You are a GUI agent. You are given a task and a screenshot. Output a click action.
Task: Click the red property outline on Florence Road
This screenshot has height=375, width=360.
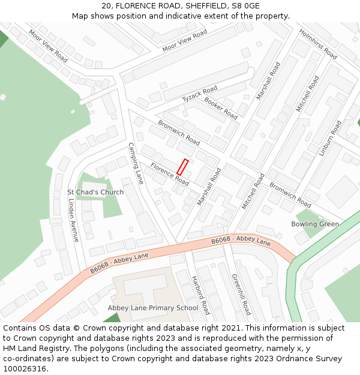182,167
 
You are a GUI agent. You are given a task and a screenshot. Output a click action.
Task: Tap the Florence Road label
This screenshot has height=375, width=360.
170,174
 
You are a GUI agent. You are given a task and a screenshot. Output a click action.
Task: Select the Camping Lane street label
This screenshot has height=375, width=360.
136,163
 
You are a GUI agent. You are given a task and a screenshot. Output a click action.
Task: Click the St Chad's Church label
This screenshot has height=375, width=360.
95,193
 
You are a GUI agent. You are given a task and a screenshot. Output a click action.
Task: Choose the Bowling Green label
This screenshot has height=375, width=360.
315,224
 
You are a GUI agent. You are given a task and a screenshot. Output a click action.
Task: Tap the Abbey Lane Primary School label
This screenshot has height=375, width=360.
152,308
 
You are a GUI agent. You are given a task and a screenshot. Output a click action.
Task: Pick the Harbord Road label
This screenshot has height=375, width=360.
200,295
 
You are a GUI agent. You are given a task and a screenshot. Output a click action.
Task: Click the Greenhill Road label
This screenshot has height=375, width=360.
241,294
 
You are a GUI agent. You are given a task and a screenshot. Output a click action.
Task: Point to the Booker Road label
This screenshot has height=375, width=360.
220,107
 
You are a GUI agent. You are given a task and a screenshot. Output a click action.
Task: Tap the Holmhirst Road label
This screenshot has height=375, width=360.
318,44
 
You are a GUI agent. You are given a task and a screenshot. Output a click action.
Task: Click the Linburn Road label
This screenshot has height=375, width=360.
330,139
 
